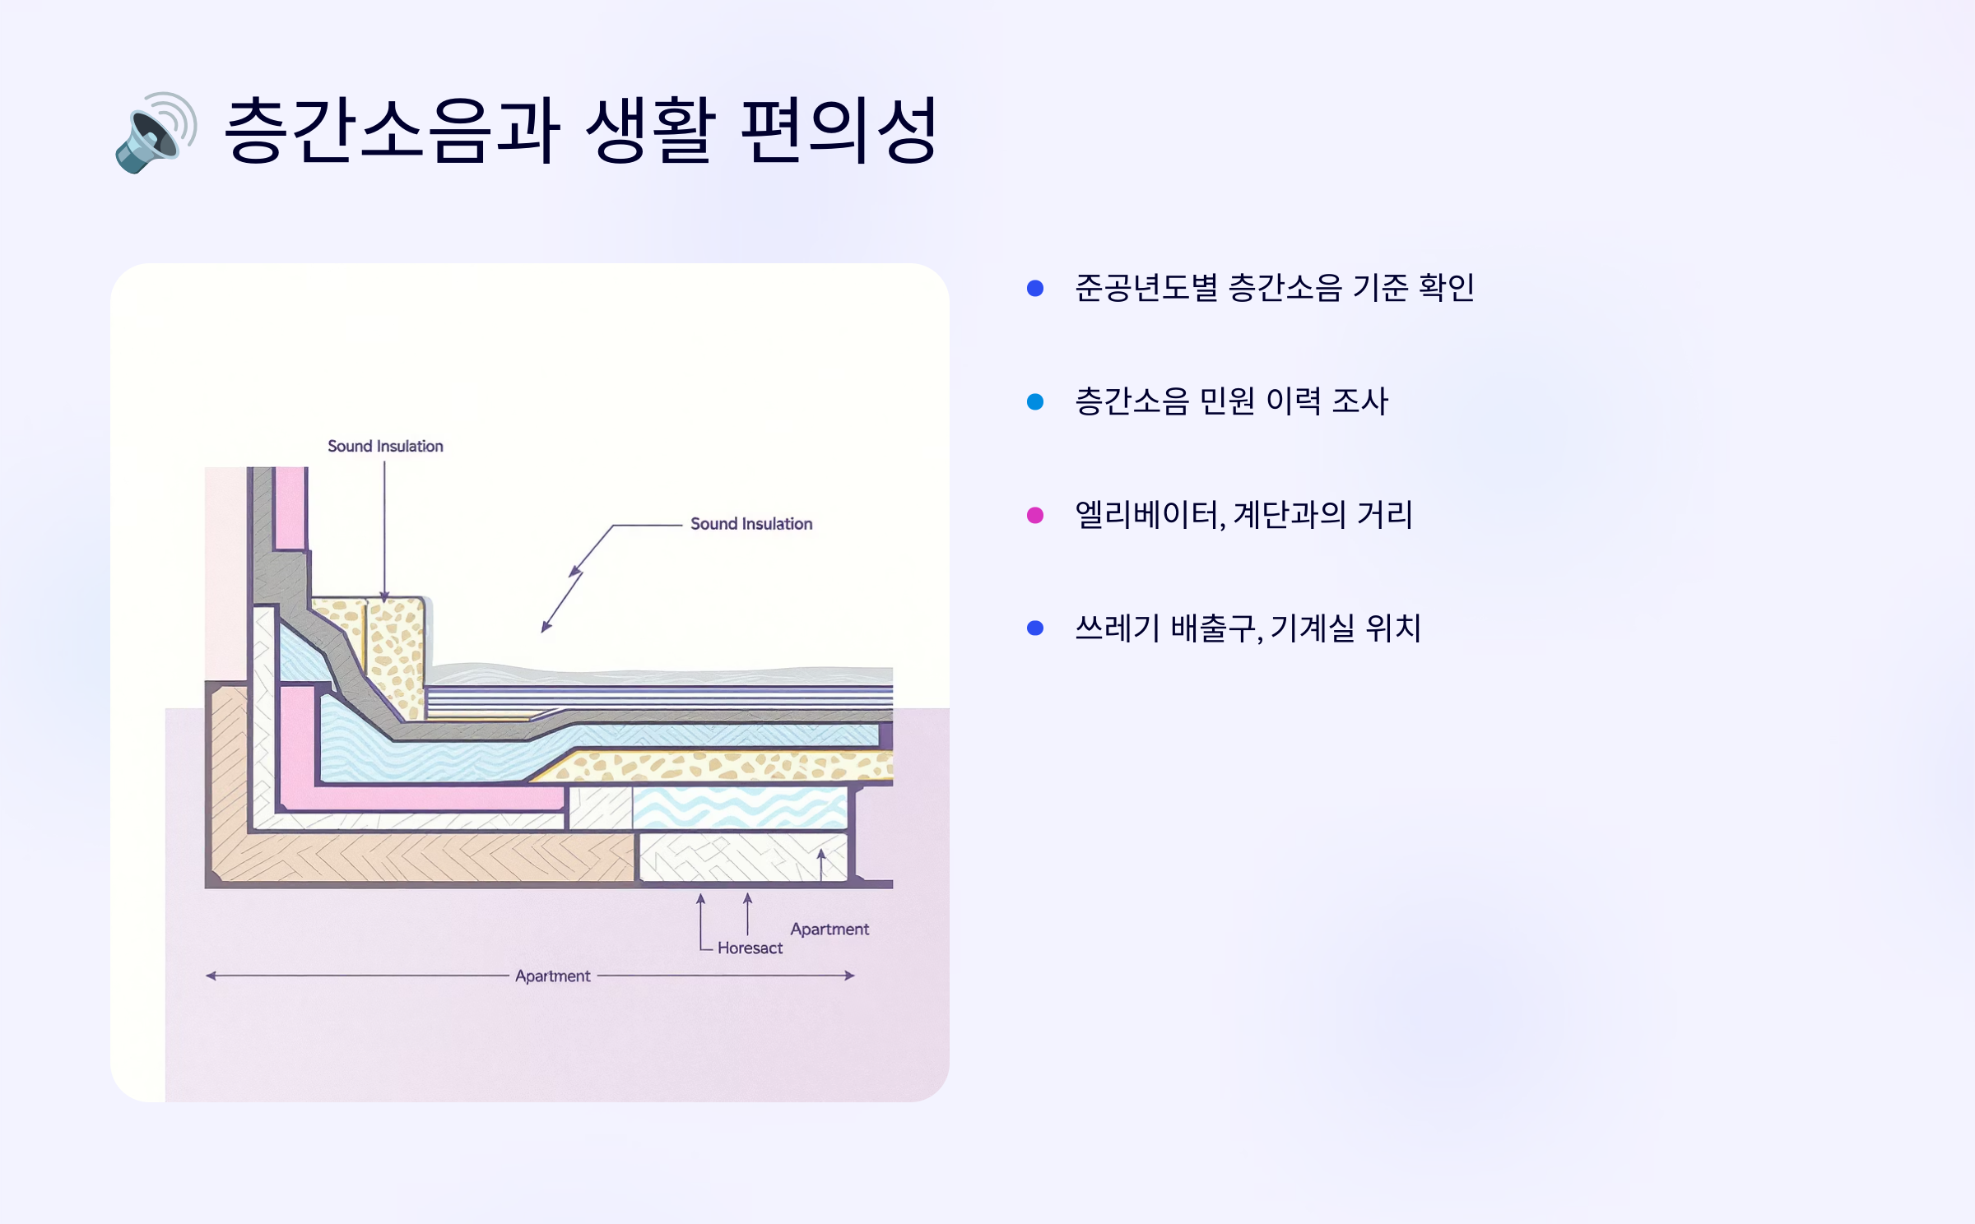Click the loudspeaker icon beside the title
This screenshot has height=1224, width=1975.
tap(156, 132)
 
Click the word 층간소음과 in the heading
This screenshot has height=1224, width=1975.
tap(392, 130)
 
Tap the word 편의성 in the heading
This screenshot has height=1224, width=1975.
tap(839, 130)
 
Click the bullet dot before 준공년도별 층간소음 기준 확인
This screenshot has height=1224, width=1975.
tap(1035, 288)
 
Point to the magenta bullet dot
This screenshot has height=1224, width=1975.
tap(1035, 515)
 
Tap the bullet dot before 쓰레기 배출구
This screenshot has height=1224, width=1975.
tap(1035, 628)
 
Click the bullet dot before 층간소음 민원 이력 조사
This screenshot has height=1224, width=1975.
tap(1035, 401)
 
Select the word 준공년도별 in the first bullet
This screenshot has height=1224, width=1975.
tap(1145, 288)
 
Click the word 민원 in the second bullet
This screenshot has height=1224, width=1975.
tap(1227, 401)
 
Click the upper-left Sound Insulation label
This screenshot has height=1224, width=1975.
tap(385, 446)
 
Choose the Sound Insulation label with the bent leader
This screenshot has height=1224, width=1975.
tap(751, 524)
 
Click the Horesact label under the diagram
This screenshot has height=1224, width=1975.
tap(750, 948)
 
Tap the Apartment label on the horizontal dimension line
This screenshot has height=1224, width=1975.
tap(553, 976)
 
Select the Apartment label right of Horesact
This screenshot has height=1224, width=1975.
tap(829, 929)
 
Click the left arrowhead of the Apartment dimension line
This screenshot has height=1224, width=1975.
tap(211, 976)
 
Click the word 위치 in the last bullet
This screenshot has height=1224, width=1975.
tap(1392, 628)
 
